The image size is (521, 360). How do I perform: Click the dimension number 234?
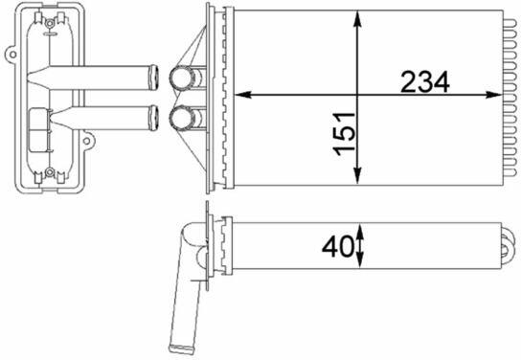pyautogui.click(x=425, y=81)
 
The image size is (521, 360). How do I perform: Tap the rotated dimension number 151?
pyautogui.click(x=344, y=134)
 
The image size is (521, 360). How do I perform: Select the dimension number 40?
pyautogui.click(x=337, y=246)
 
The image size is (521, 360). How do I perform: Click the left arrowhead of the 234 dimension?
pyautogui.click(x=243, y=95)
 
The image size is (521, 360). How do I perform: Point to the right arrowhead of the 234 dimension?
pyautogui.click(x=494, y=95)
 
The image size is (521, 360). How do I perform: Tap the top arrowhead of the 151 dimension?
pyautogui.click(x=357, y=19)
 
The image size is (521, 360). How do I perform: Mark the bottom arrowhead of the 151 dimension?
pyautogui.click(x=357, y=176)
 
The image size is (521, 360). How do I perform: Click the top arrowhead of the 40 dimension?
pyautogui.click(x=360, y=232)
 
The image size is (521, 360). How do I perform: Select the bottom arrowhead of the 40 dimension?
pyautogui.click(x=360, y=260)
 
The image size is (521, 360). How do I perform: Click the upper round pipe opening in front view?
pyautogui.click(x=181, y=78)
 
